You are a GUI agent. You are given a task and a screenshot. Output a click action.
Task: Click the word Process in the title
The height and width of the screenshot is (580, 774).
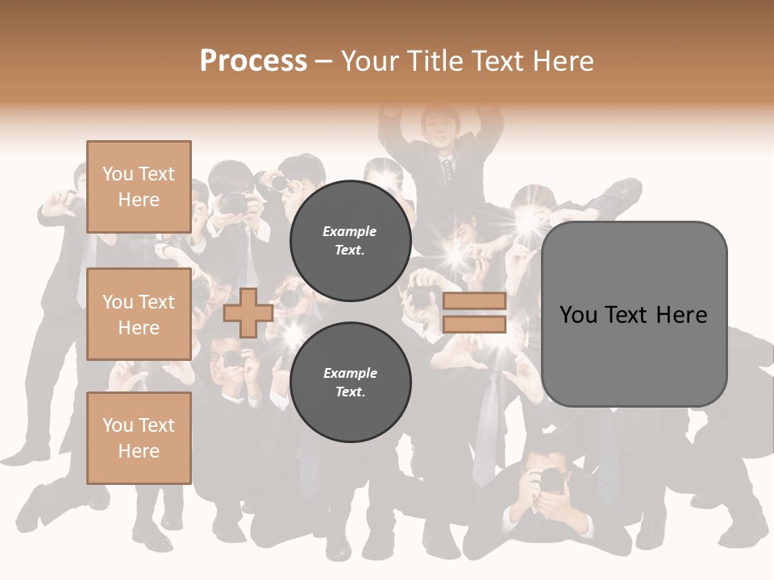tap(253, 61)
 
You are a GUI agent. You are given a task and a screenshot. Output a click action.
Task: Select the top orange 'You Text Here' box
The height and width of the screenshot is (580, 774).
tap(139, 187)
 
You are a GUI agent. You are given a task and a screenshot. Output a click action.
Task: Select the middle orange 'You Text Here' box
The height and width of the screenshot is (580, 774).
tap(139, 314)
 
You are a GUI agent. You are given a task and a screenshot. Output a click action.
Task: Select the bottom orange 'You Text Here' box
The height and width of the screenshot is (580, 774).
tap(139, 437)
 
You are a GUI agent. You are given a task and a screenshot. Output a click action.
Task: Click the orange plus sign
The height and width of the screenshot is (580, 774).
tap(248, 313)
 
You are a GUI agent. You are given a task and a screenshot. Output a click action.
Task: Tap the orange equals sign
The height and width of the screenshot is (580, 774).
tap(474, 313)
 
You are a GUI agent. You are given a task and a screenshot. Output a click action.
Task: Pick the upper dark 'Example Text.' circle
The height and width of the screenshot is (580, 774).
tap(350, 240)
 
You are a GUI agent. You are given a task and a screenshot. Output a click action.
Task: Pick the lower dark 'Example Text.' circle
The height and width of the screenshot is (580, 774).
tap(350, 382)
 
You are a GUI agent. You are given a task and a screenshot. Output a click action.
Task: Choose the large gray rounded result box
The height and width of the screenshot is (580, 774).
tap(634, 313)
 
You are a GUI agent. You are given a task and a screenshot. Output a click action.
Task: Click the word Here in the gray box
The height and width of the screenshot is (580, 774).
tap(681, 314)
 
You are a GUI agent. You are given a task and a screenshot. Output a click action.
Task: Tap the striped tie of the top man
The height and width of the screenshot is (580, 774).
tap(447, 172)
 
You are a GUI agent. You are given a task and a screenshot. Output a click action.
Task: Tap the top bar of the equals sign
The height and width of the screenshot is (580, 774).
tap(474, 301)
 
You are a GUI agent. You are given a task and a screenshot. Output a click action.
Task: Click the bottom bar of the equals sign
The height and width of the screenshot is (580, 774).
tap(474, 324)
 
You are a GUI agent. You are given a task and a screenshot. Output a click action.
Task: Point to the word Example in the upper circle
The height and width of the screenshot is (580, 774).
tap(350, 231)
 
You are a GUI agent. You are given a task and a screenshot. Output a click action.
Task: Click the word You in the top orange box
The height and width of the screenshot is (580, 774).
tap(117, 174)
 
